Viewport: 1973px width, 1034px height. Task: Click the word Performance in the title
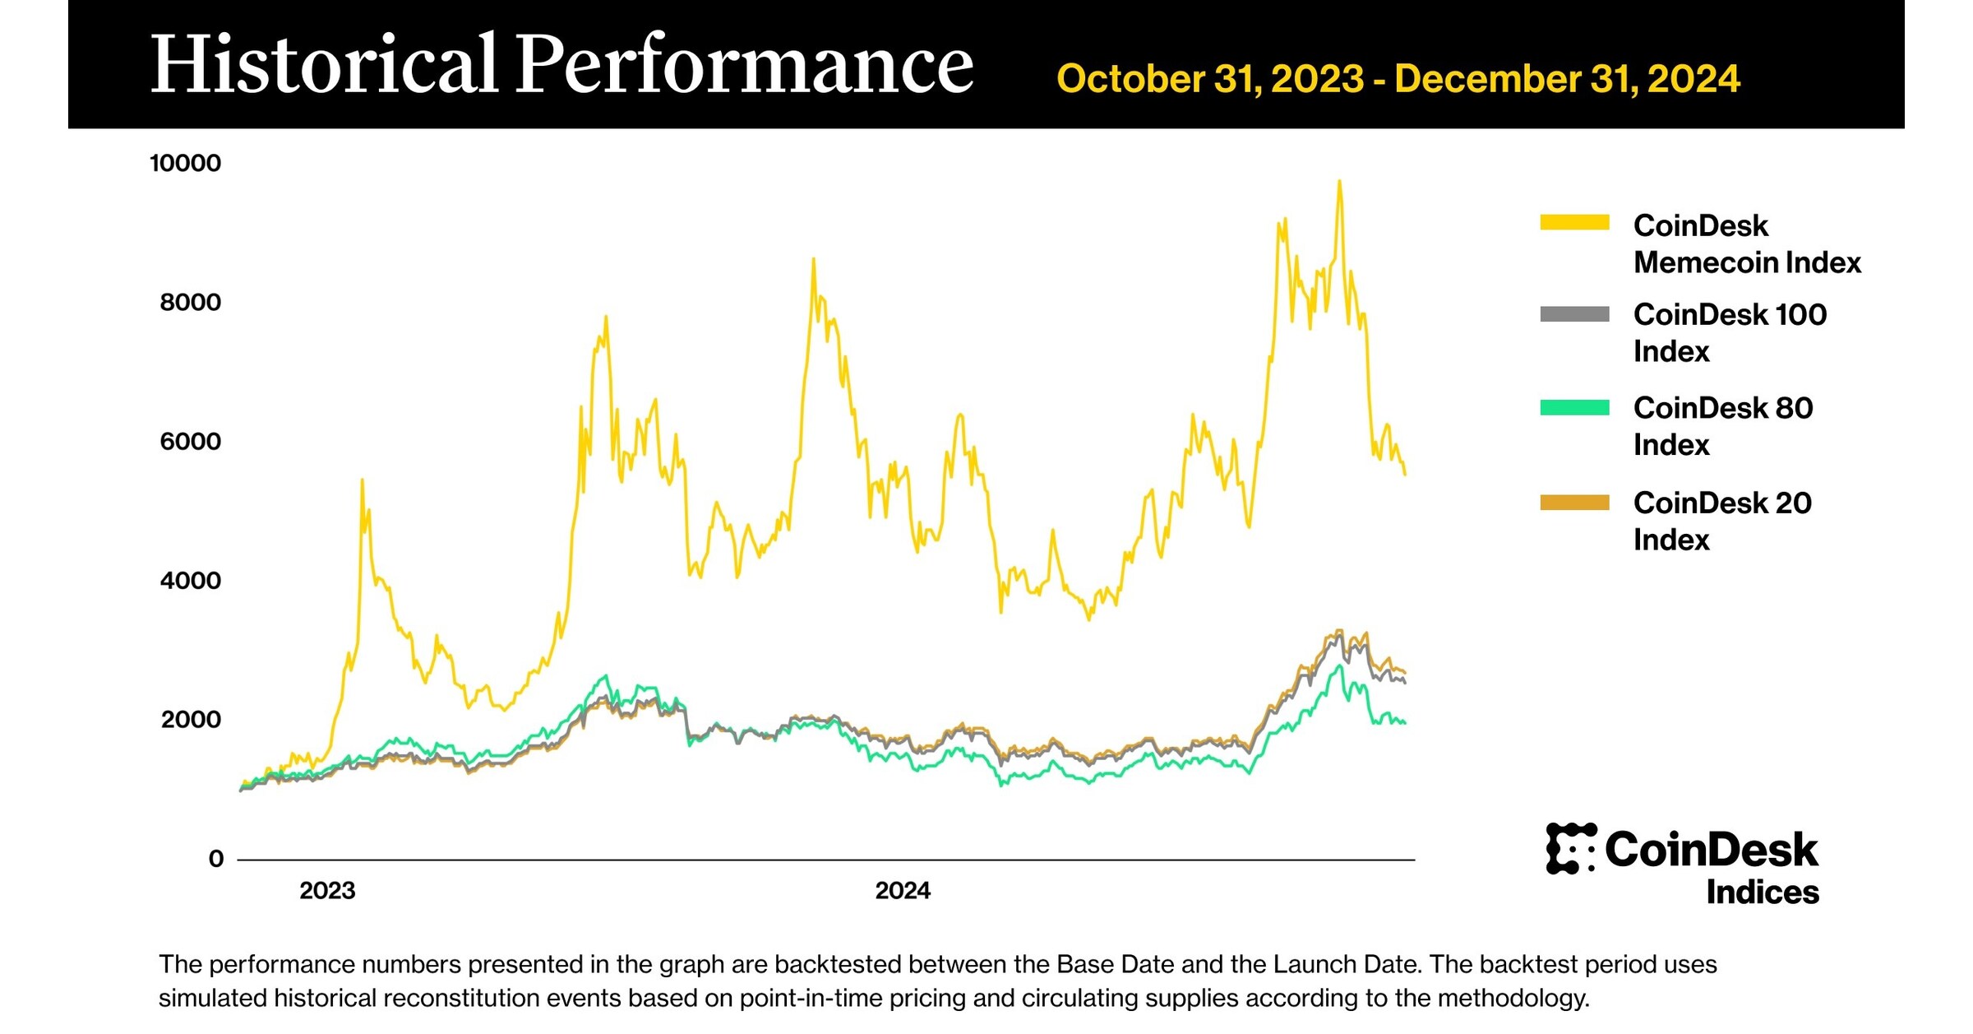coord(744,66)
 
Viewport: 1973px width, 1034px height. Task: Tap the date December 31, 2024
coord(1567,79)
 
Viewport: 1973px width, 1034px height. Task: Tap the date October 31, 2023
coord(1210,79)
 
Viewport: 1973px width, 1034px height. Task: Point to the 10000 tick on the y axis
coord(185,163)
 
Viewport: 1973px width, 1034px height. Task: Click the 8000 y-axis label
coord(190,302)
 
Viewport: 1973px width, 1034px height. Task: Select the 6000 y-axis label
coord(190,442)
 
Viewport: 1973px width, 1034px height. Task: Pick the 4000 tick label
coord(190,581)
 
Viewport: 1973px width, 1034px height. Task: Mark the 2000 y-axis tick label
coord(191,720)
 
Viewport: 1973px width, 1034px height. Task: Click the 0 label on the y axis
coord(216,859)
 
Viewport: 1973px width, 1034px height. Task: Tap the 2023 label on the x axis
coord(327,891)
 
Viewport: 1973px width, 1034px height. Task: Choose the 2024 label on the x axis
coord(903,891)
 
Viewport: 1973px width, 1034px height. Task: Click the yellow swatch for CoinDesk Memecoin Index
coord(1574,222)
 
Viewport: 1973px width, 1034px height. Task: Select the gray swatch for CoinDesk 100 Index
coord(1574,314)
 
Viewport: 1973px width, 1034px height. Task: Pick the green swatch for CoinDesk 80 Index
coord(1574,408)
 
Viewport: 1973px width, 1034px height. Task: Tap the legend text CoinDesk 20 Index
coord(1721,521)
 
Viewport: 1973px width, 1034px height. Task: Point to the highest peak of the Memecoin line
coord(1339,183)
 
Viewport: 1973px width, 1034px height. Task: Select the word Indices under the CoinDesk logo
coord(1762,893)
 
